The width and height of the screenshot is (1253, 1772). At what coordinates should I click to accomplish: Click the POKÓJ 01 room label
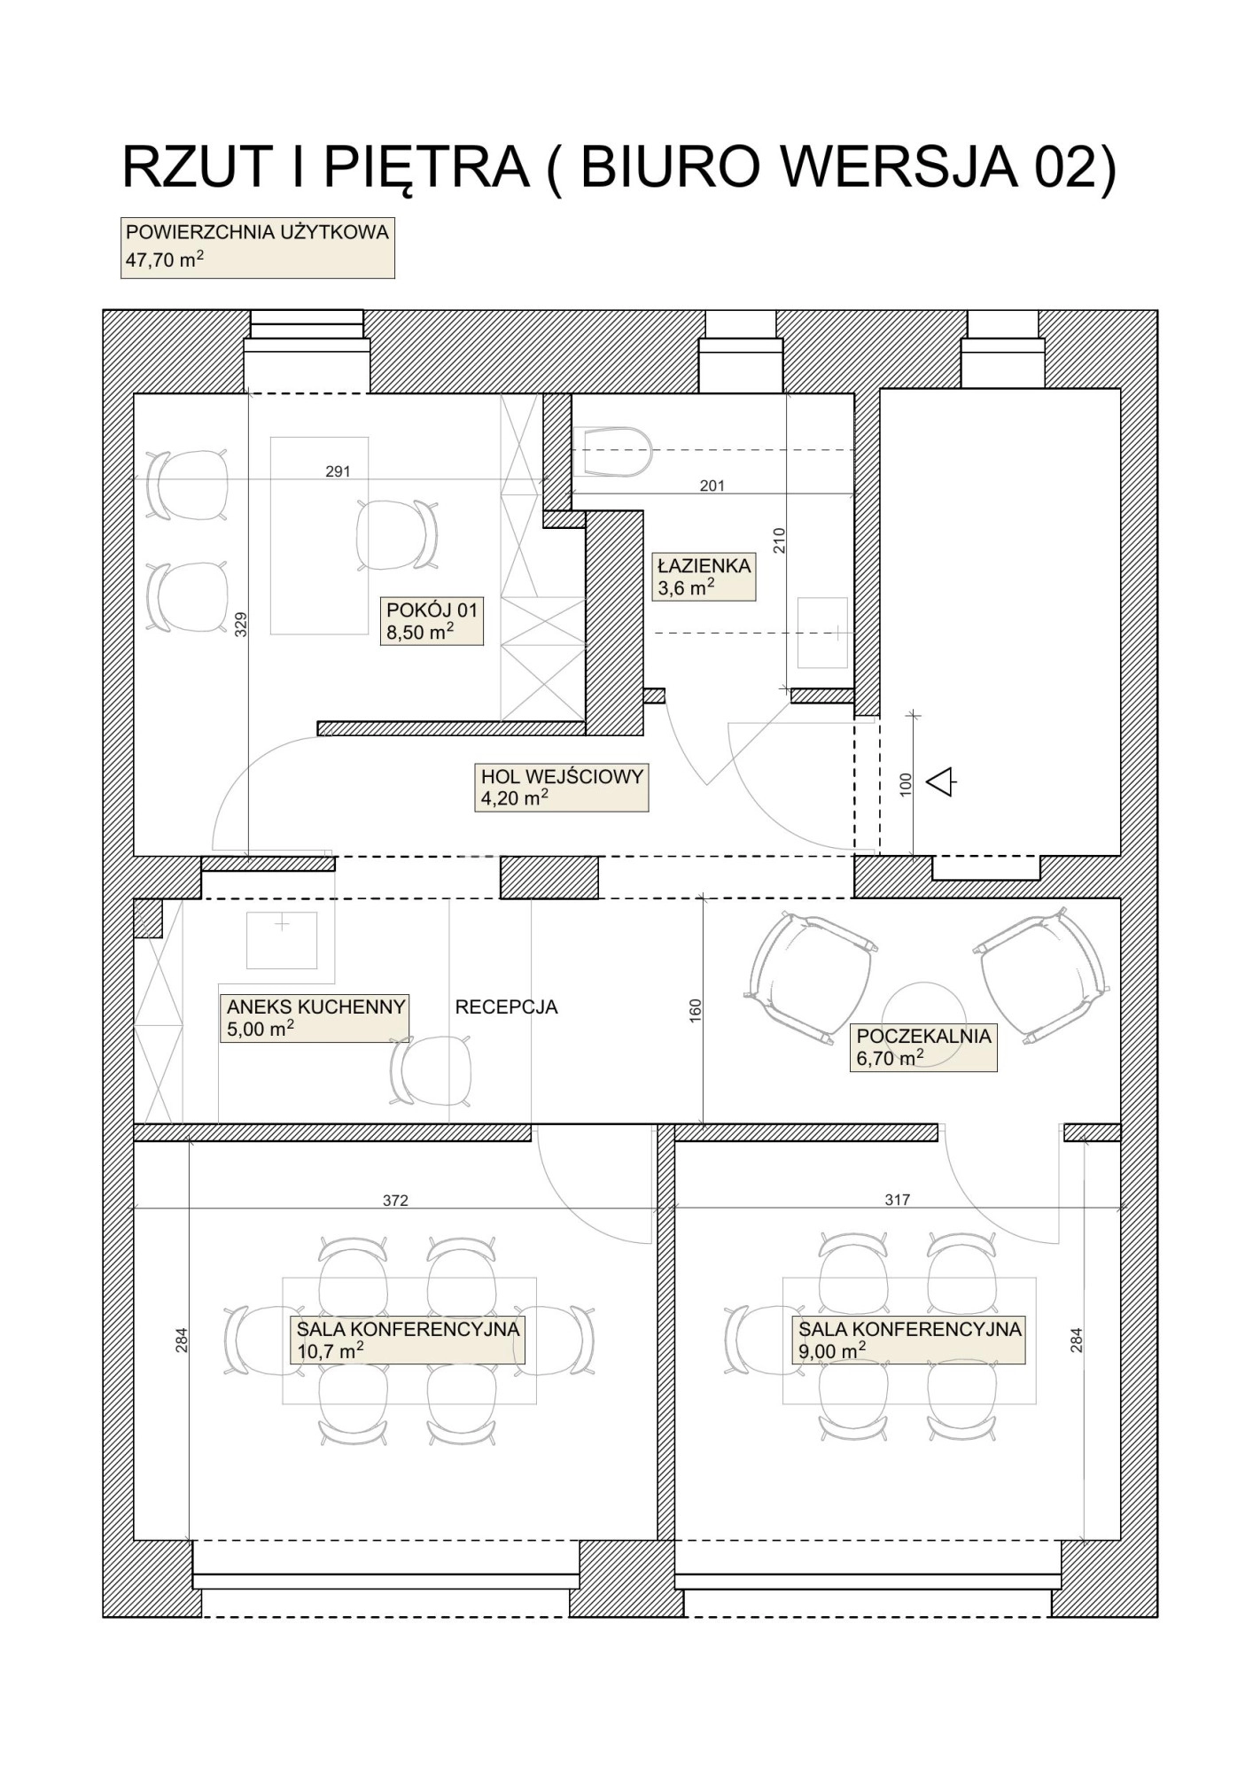(432, 620)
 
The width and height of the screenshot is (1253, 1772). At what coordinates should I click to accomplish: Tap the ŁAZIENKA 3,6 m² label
(704, 577)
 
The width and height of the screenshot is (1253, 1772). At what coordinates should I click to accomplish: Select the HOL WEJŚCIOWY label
(562, 787)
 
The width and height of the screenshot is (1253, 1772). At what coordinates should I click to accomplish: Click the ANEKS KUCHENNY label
(315, 1017)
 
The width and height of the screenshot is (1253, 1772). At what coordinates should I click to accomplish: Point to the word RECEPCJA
(506, 1006)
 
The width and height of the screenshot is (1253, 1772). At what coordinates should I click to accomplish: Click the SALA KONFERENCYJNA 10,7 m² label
(408, 1339)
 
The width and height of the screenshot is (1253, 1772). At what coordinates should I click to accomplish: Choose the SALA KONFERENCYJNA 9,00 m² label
(909, 1339)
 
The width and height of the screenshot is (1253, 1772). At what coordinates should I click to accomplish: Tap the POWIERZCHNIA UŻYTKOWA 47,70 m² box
(258, 247)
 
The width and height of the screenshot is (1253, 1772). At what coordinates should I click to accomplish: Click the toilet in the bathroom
(613, 452)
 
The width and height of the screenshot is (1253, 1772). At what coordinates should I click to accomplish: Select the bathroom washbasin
(821, 633)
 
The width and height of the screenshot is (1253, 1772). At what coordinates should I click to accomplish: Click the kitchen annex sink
(282, 940)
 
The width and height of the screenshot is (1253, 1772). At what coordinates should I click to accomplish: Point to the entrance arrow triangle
(939, 781)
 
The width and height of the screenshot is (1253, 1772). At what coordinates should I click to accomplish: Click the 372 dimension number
(395, 1201)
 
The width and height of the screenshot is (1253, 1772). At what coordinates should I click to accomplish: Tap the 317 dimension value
(898, 1200)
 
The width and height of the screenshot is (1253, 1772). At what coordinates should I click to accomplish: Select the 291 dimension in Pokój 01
(339, 471)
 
